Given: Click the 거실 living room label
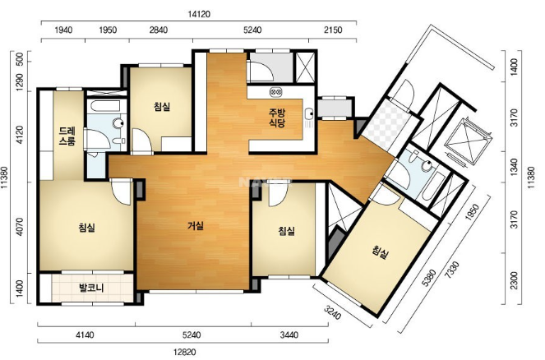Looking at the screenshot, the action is pyautogui.click(x=196, y=226).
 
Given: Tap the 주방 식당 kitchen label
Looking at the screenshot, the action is pyautogui.click(x=277, y=118).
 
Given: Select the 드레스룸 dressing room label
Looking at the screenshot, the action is pyautogui.click(x=67, y=136).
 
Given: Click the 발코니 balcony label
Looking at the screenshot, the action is pyautogui.click(x=91, y=288).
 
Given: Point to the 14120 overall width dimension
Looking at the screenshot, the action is pyautogui.click(x=199, y=14).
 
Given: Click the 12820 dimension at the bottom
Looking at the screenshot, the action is pyautogui.click(x=185, y=352).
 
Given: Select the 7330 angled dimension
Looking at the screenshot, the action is pyautogui.click(x=453, y=270).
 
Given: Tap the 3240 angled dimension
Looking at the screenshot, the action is pyautogui.click(x=333, y=312).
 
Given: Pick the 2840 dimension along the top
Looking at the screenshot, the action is pyautogui.click(x=159, y=30).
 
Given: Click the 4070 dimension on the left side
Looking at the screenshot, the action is pyautogui.click(x=20, y=227).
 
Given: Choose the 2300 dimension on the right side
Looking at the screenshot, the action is pyautogui.click(x=515, y=280).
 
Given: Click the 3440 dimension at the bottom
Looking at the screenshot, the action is pyautogui.click(x=289, y=335).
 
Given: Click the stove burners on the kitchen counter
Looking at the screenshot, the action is pyautogui.click(x=276, y=92).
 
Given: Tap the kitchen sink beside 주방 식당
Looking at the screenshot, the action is pyautogui.click(x=308, y=113).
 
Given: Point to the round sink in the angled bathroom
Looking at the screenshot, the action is pyautogui.click(x=427, y=166).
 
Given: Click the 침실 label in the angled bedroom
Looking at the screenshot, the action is pyautogui.click(x=380, y=252).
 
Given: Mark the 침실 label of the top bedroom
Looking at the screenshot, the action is pyautogui.click(x=162, y=107).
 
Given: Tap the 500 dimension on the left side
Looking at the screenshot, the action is pyautogui.click(x=20, y=62).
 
